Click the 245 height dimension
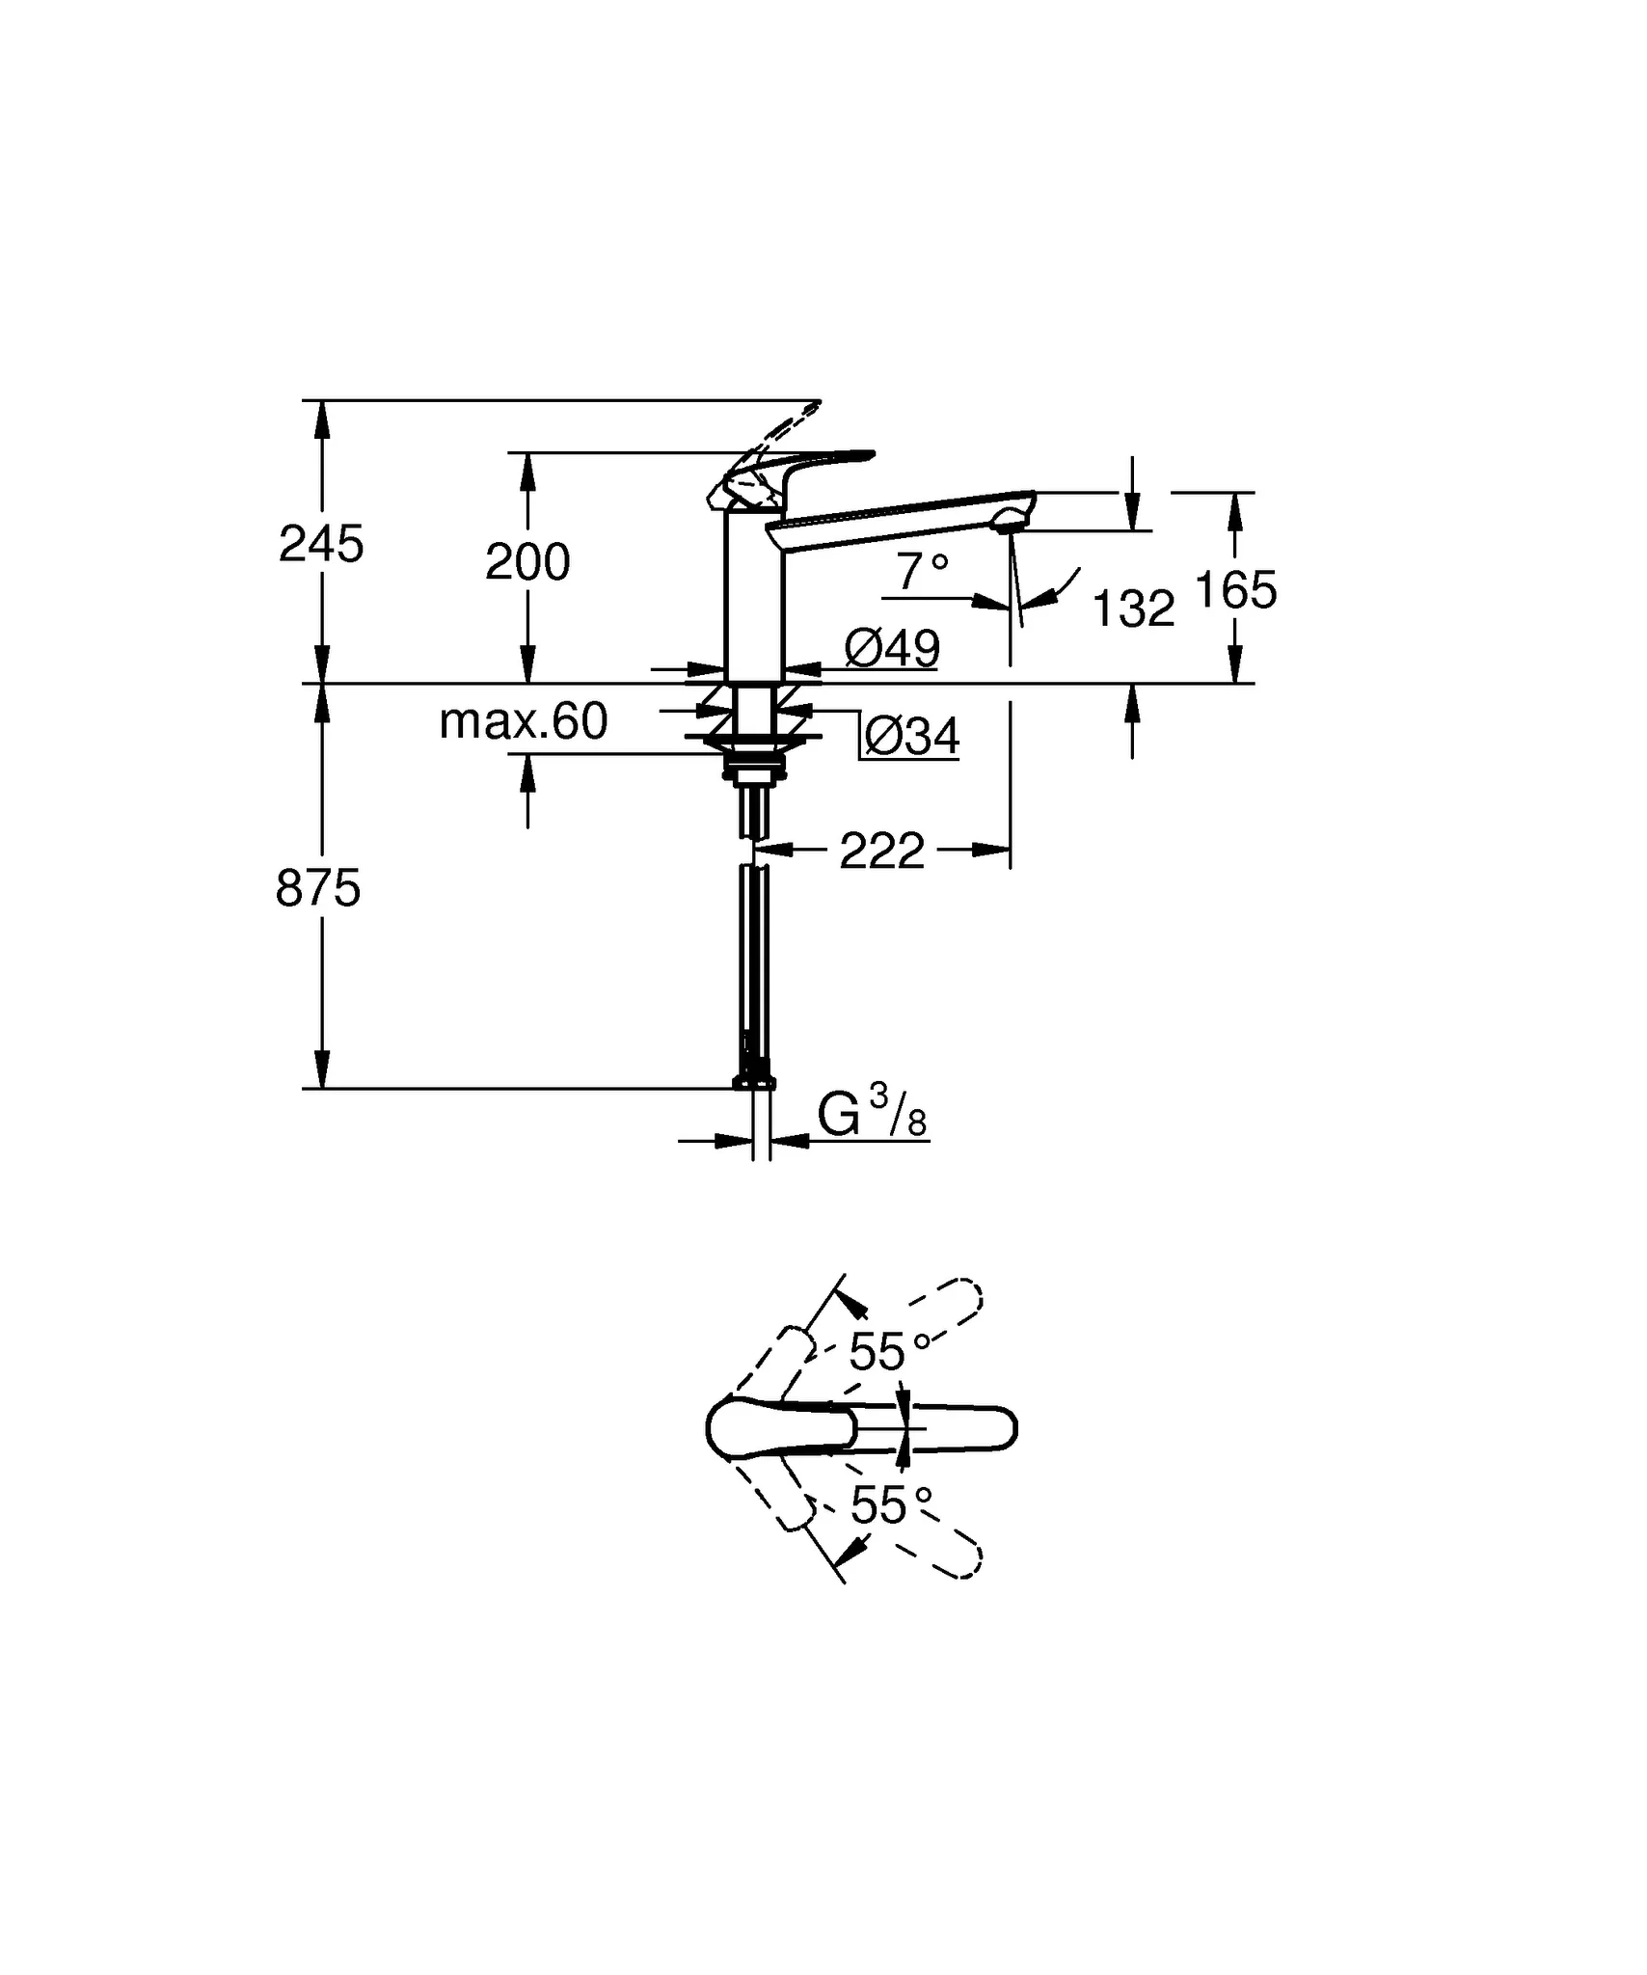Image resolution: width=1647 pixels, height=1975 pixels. click(321, 544)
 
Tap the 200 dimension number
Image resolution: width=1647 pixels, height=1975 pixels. click(527, 561)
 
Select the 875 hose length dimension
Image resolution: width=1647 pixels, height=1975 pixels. click(318, 888)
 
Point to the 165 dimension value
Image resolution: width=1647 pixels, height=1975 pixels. click(1235, 589)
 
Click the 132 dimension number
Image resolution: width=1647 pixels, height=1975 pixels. click(1134, 609)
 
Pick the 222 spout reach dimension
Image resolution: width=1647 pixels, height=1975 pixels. click(882, 851)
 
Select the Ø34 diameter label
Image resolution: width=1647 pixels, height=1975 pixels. click(912, 738)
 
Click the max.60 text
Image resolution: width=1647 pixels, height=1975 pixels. click(524, 720)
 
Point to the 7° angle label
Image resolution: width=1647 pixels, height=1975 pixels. click(923, 571)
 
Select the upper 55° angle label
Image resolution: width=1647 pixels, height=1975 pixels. click(890, 1351)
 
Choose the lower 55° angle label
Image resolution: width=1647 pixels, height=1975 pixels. click(892, 1504)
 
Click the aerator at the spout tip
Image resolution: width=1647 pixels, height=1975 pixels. click(1009, 521)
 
